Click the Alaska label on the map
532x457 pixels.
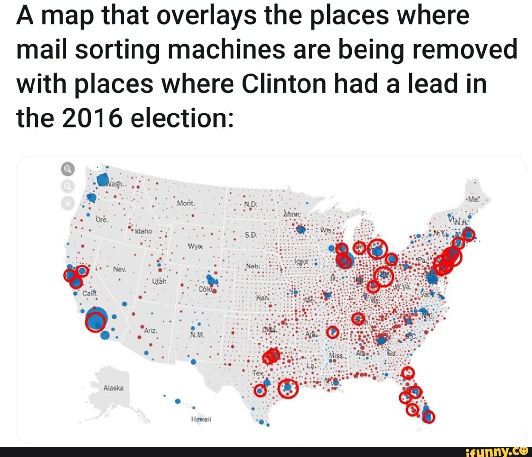[x=113, y=388]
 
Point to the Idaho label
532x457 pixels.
[x=145, y=230]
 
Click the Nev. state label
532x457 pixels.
[x=120, y=270]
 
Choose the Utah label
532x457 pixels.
[x=161, y=280]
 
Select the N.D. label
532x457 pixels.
[x=250, y=205]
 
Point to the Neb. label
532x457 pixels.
[x=252, y=266]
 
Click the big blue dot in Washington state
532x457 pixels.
[x=103, y=180]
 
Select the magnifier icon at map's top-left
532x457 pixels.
[x=68, y=170]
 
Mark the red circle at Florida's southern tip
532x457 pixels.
[x=429, y=417]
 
